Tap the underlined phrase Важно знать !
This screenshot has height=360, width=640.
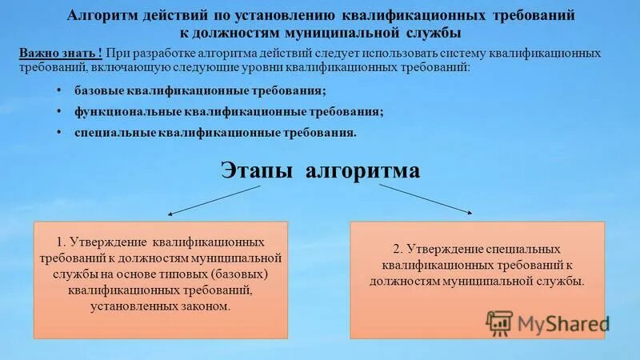[x=59, y=52]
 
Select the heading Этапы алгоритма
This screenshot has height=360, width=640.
[x=319, y=171]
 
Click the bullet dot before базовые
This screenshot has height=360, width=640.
[x=62, y=90]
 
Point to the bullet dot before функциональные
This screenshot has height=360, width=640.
[x=62, y=110]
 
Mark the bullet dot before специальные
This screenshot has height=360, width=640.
[x=62, y=131]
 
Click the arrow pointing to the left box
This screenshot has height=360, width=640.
[x=214, y=200]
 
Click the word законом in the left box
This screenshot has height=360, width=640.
[x=206, y=306]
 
